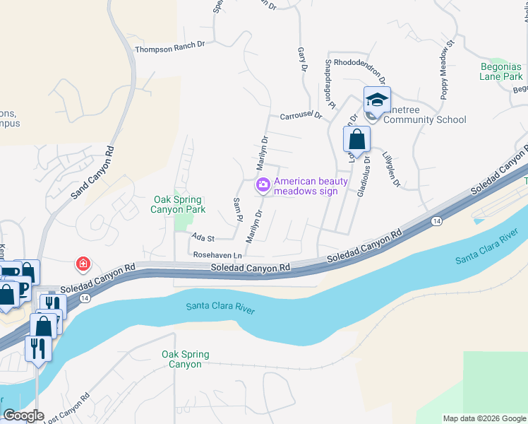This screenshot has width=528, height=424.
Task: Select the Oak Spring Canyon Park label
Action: tap(180, 205)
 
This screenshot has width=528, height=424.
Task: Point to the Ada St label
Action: tap(202, 239)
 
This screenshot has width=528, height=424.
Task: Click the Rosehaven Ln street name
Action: tap(217, 254)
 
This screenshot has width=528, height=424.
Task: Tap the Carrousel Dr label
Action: tap(301, 114)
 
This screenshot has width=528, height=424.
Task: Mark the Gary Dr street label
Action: tap(302, 59)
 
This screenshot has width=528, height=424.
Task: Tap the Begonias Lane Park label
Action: tap(491, 71)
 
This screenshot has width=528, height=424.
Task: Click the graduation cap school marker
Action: tap(377, 100)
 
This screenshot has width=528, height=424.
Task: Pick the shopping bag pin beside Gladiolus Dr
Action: tap(356, 139)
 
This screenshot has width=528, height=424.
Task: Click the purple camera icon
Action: tap(263, 185)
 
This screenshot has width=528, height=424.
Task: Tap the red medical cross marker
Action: tap(83, 265)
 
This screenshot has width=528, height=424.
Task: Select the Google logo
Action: tap(23, 416)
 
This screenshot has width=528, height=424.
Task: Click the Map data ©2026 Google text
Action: tap(484, 418)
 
